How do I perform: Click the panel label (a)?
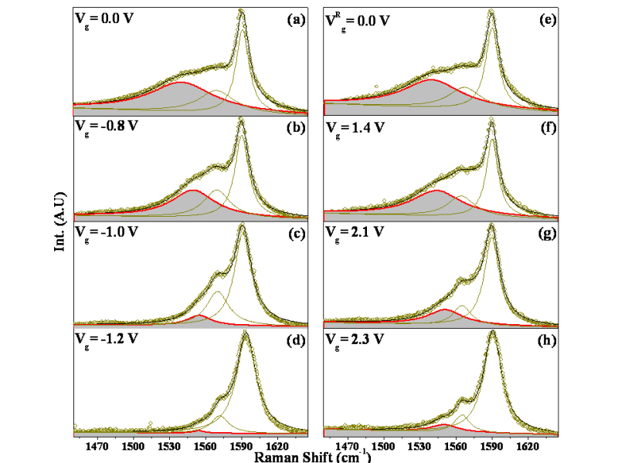[x=294, y=19]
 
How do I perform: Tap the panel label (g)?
[x=548, y=232]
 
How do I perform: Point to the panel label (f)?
[x=548, y=126]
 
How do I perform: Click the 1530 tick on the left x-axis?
[x=168, y=447]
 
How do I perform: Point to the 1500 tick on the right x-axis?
[x=384, y=447]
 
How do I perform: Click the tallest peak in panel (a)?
[x=242, y=12]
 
